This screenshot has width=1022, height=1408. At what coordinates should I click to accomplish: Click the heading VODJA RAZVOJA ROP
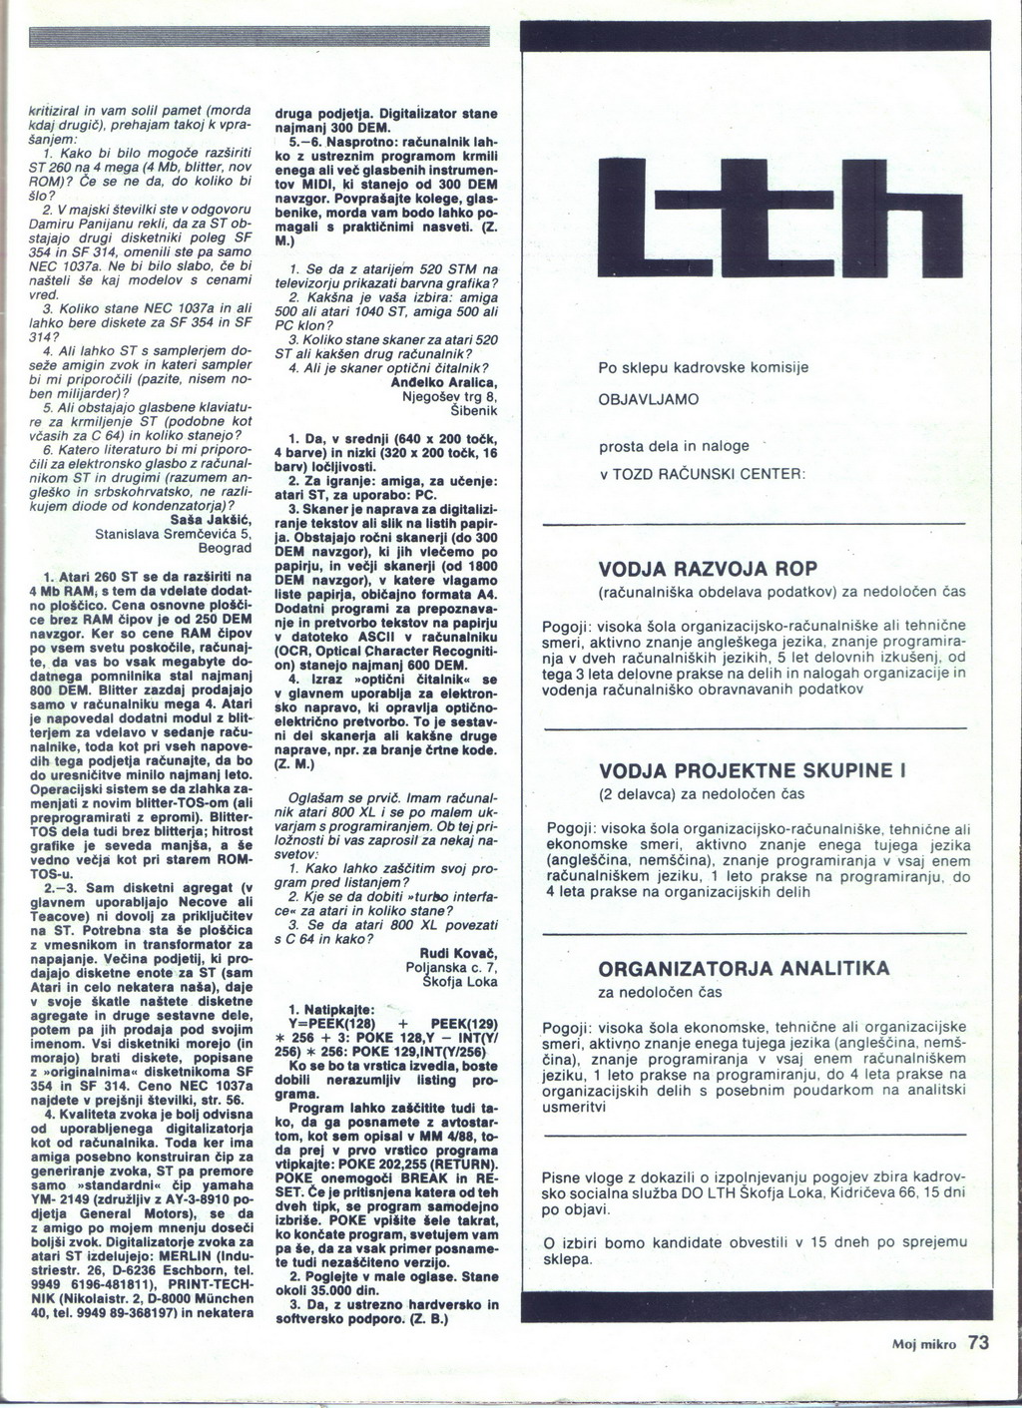click(x=707, y=569)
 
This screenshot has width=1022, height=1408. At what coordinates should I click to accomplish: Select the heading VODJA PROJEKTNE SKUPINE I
click(x=751, y=771)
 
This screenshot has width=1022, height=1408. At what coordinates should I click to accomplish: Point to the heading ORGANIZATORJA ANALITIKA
click(x=744, y=969)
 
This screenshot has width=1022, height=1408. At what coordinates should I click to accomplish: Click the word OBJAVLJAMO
click(x=649, y=399)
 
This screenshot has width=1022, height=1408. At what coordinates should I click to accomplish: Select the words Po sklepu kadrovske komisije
click(x=703, y=368)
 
